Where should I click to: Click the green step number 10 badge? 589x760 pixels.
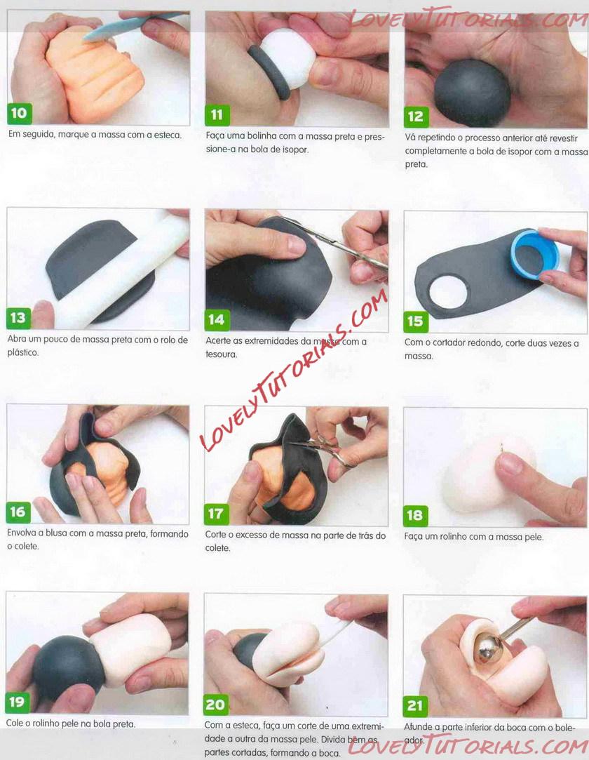pyautogui.click(x=19, y=114)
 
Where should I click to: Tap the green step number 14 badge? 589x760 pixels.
pyautogui.click(x=217, y=319)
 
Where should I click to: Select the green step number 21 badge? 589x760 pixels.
pyautogui.click(x=415, y=706)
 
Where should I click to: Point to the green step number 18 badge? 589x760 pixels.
pyautogui.click(x=415, y=515)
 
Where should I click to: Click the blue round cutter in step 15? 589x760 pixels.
pyautogui.click(x=534, y=254)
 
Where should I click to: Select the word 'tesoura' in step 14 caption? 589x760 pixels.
pyautogui.click(x=221, y=354)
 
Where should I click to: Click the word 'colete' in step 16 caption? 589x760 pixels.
pyautogui.click(x=26, y=546)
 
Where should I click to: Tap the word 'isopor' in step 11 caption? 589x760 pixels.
pyautogui.click(x=295, y=149)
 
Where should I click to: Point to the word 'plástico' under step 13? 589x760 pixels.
pyautogui.click(x=22, y=353)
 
